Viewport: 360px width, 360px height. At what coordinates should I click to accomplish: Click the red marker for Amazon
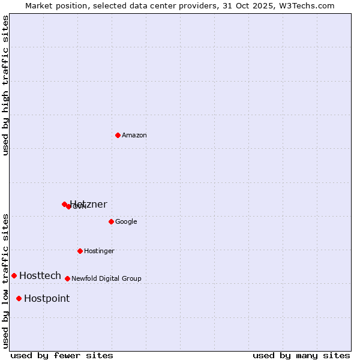[118, 135]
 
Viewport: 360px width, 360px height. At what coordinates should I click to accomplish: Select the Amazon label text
[134, 136]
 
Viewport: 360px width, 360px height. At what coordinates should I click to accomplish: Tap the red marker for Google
[111, 221]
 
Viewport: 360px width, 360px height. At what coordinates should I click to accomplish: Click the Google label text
[126, 222]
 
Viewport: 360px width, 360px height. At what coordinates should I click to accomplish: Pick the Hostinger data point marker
[80, 251]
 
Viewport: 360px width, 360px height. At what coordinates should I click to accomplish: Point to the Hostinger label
[99, 251]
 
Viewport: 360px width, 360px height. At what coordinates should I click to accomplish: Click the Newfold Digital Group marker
[67, 278]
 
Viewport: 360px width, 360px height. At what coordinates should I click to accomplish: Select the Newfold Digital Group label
[106, 279]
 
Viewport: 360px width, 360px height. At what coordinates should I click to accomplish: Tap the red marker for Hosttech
[14, 275]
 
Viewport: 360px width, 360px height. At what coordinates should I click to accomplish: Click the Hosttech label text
[40, 276]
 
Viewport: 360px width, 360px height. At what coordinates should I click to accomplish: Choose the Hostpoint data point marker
[19, 298]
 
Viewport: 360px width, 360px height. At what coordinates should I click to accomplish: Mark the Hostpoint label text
[47, 299]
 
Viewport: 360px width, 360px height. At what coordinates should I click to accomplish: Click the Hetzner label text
[89, 205]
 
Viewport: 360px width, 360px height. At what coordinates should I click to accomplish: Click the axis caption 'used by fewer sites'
[62, 355]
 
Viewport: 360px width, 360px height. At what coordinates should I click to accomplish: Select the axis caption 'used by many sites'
[301, 355]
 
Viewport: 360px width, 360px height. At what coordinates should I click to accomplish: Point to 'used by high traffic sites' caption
[6, 85]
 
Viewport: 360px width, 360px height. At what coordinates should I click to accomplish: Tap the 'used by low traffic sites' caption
[6, 280]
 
